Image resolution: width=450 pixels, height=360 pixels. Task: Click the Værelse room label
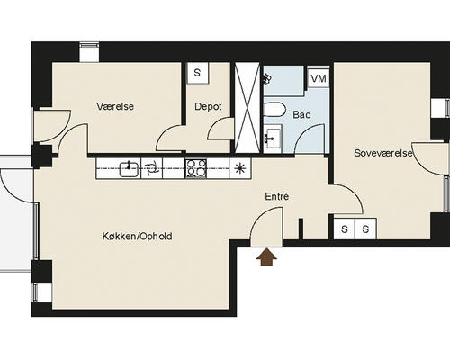tap(115, 106)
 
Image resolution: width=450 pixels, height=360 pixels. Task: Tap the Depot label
tap(208, 106)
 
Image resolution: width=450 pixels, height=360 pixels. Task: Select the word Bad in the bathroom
tap(301, 114)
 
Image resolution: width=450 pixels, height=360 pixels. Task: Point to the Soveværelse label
tap(383, 153)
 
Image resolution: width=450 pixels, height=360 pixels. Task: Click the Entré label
tap(277, 196)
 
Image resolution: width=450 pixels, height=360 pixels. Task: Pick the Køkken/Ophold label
tap(137, 237)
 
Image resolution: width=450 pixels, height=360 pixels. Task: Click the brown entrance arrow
tap(266, 257)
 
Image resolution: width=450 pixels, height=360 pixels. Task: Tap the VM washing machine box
tap(319, 78)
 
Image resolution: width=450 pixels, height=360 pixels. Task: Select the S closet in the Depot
tap(197, 73)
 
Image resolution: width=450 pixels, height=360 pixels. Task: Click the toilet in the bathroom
tap(274, 110)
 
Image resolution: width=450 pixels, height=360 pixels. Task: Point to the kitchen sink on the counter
tap(130, 169)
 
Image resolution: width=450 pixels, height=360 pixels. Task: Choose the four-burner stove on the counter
tap(196, 168)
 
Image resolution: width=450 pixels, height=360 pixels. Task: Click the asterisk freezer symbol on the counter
tap(239, 169)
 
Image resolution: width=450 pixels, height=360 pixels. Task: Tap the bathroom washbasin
tap(273, 138)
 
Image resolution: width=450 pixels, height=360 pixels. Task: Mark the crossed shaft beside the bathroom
tap(247, 108)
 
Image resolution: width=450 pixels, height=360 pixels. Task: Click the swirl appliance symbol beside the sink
tap(151, 169)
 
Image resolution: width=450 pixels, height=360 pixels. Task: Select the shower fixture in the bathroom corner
tap(267, 79)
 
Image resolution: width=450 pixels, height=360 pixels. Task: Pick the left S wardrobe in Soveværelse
tap(345, 229)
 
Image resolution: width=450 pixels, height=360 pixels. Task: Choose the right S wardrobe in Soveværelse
tap(365, 229)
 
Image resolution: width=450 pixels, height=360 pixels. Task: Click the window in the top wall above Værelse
tap(89, 52)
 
